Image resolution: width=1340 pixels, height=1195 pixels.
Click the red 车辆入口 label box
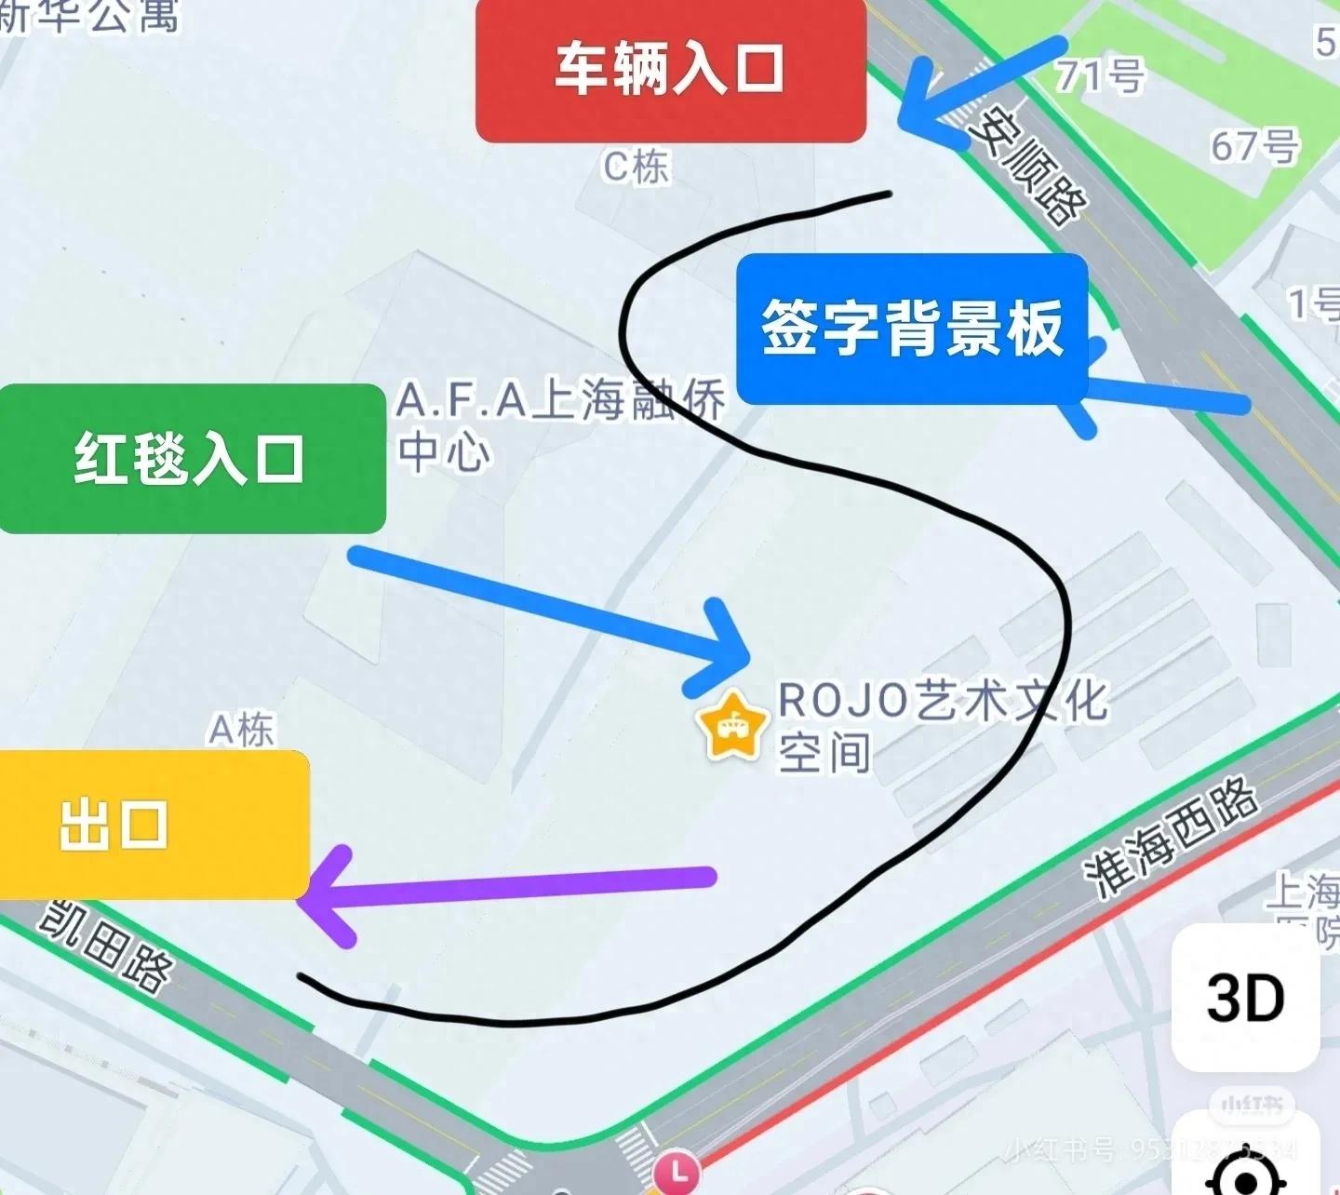[670, 70]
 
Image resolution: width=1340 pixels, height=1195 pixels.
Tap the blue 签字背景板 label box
[912, 328]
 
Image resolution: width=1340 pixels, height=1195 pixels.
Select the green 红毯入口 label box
[191, 459]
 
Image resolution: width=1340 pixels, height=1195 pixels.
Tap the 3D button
[1245, 997]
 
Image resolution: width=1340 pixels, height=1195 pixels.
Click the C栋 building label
[636, 168]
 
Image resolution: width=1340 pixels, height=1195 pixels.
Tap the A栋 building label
[241, 730]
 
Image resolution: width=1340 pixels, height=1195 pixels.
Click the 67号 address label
[1254, 146]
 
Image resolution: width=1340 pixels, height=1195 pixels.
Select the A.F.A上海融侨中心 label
[558, 423]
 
